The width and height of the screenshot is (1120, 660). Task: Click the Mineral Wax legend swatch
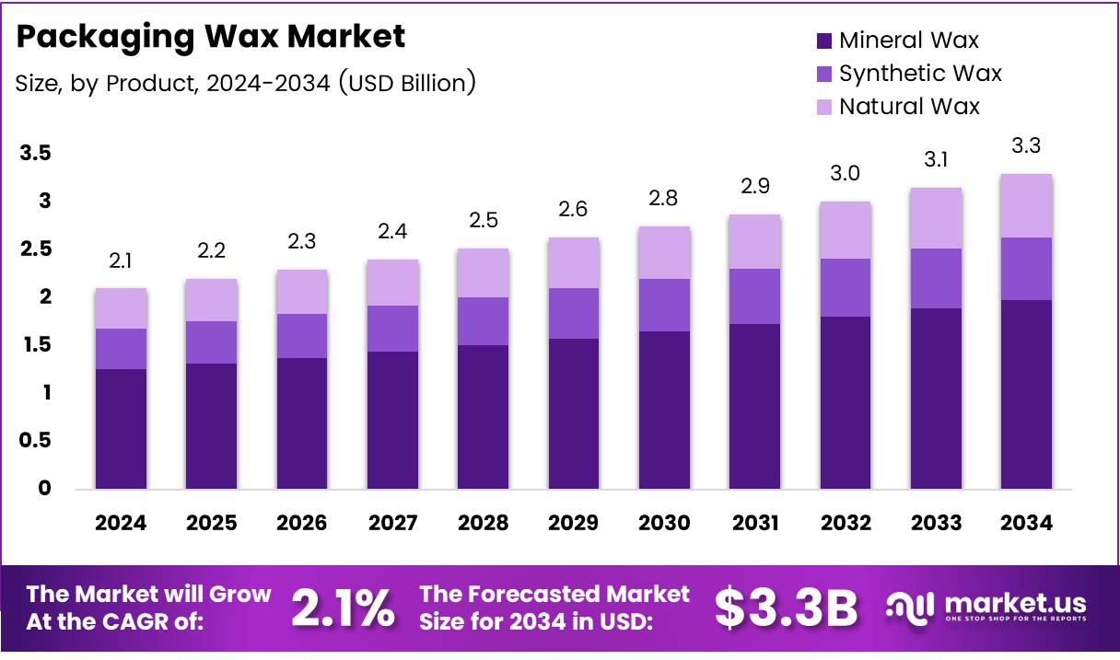823,41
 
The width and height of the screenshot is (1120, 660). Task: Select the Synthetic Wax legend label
920,74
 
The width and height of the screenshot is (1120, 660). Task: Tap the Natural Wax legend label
909,107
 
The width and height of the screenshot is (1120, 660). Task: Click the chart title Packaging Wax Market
211,37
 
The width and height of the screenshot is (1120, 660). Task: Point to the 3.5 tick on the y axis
36,153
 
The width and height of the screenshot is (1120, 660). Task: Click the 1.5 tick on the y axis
36,344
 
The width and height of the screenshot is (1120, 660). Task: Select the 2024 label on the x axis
121,523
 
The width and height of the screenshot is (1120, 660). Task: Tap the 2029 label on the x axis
574,523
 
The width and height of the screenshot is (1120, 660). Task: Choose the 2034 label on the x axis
1026,523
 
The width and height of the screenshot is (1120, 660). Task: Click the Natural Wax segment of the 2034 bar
1026,205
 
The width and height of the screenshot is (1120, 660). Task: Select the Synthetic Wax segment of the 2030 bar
664,305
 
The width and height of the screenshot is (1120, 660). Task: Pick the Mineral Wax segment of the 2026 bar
302,423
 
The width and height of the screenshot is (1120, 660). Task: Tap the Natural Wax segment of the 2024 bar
121,308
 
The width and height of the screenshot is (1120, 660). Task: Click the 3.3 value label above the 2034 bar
1026,145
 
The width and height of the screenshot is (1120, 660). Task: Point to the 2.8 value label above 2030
664,198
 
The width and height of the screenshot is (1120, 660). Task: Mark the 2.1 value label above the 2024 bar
121,261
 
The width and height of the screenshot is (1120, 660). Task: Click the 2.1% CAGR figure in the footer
344,608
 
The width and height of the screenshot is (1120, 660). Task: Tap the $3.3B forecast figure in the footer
786,608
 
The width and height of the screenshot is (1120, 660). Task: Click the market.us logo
986,608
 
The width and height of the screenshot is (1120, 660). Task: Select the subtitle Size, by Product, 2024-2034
245,83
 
